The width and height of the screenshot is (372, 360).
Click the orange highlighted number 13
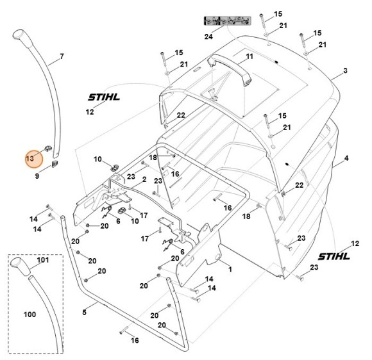point(30,158)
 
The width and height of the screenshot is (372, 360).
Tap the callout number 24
point(208,37)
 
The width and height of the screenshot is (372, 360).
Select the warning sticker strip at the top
point(227,21)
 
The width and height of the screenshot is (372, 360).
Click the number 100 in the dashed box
point(30,315)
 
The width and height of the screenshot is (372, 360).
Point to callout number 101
point(43,259)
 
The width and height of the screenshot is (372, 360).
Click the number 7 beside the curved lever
point(62,56)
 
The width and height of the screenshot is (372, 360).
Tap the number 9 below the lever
point(37,176)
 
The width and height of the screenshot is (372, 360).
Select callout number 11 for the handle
point(249,56)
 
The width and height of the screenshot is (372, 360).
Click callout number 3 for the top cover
point(345,70)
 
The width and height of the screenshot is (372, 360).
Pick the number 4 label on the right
point(346,158)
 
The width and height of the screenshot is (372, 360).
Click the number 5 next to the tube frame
point(85,312)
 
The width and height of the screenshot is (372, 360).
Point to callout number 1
point(230,270)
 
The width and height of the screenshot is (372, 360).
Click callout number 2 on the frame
point(144,179)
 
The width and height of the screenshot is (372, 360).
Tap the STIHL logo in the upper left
point(104,97)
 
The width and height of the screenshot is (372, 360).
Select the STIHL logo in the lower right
point(334,256)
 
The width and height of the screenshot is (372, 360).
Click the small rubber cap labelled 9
point(55,164)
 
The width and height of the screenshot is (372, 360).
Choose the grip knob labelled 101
point(20,266)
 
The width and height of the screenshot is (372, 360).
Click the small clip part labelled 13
point(48,149)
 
